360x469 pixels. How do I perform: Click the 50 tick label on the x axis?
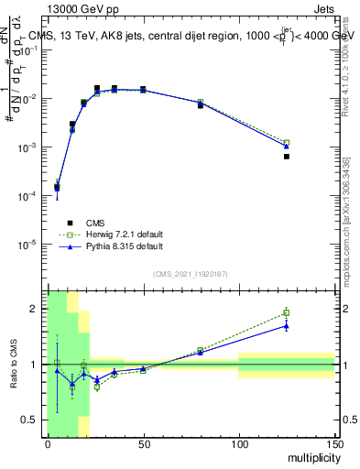tap(143, 444)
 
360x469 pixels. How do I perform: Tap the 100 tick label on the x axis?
tap(238, 444)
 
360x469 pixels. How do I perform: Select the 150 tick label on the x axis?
tap(333, 444)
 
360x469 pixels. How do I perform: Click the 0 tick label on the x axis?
tap(48, 444)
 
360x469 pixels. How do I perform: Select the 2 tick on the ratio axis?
tap(38, 309)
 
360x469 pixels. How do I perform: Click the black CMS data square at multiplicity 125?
tap(287, 157)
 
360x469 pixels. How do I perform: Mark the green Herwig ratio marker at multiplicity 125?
tap(287, 312)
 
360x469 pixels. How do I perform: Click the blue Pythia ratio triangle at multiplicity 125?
tap(287, 325)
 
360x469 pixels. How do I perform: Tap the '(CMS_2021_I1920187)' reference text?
tap(190, 273)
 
